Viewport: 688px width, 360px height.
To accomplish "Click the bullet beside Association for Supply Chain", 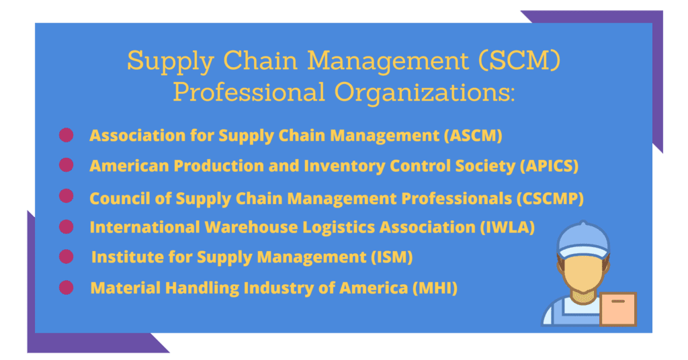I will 66,135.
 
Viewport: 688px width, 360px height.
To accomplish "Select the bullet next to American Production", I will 66,165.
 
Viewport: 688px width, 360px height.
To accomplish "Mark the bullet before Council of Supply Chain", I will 66,196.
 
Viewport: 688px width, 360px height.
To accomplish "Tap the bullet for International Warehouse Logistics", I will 66,226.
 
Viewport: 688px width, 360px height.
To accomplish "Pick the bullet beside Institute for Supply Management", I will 66,257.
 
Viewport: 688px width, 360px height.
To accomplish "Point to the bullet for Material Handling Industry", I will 66,287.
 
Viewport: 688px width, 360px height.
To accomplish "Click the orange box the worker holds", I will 617,310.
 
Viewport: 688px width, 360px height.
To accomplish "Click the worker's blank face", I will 581,272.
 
